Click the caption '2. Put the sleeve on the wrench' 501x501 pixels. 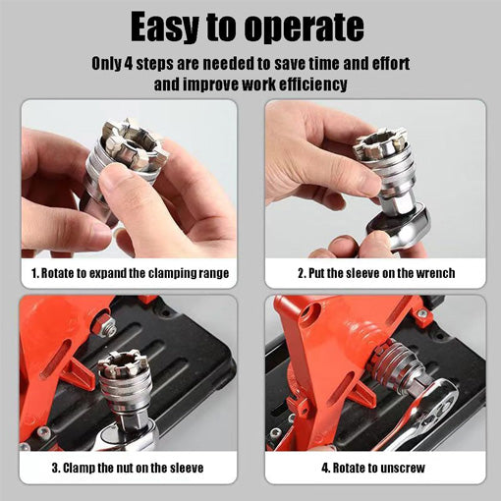[x=376, y=273]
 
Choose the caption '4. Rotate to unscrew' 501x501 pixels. [x=376, y=468]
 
